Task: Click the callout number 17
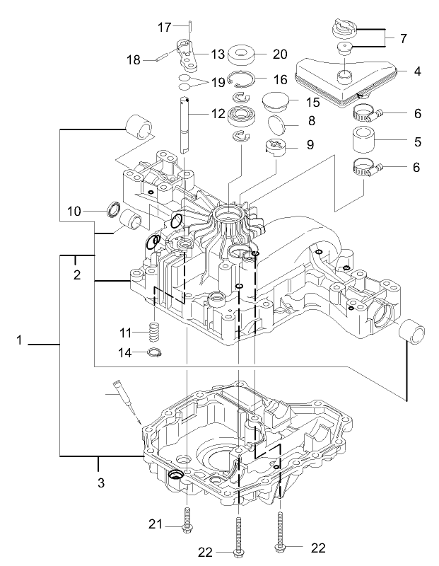click(x=164, y=28)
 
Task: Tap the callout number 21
click(x=157, y=524)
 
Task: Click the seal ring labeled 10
click(x=112, y=210)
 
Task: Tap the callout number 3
click(x=100, y=484)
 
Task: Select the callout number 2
click(x=77, y=275)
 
